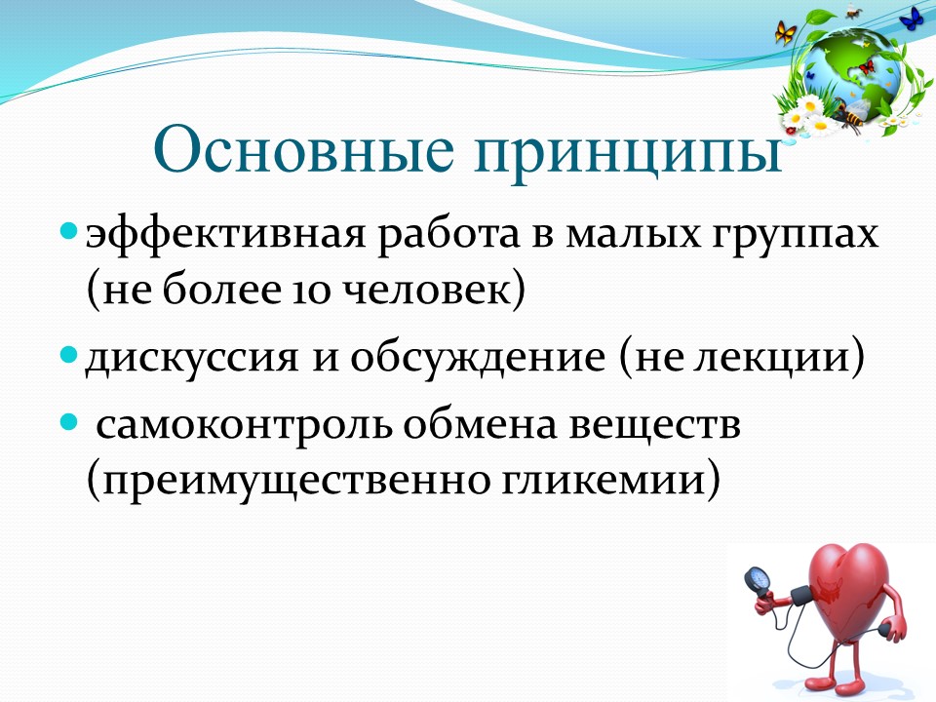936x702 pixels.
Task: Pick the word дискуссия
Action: point(191,358)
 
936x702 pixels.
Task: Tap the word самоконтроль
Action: point(244,426)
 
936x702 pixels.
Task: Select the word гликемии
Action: point(603,481)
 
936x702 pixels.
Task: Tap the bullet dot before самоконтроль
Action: point(69,422)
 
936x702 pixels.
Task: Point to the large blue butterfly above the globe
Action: point(911,18)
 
